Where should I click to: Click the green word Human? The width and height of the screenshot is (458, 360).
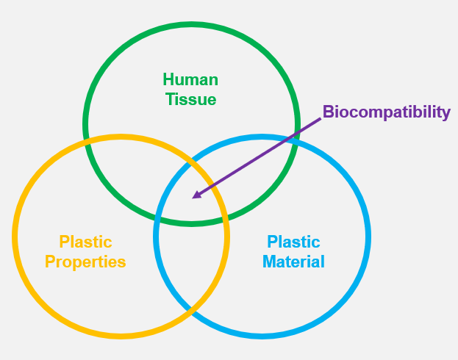190,79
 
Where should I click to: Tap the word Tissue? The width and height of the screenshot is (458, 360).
191,99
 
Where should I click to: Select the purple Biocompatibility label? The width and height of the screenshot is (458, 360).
387,112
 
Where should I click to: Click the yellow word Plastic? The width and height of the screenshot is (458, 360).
85,242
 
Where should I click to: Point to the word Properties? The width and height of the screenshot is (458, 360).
85,262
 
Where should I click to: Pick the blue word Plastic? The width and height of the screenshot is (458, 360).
293,242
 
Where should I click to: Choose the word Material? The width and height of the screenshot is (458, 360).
293,262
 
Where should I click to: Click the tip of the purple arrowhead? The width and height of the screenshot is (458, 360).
193,198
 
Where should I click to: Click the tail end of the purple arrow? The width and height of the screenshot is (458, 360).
321,120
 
